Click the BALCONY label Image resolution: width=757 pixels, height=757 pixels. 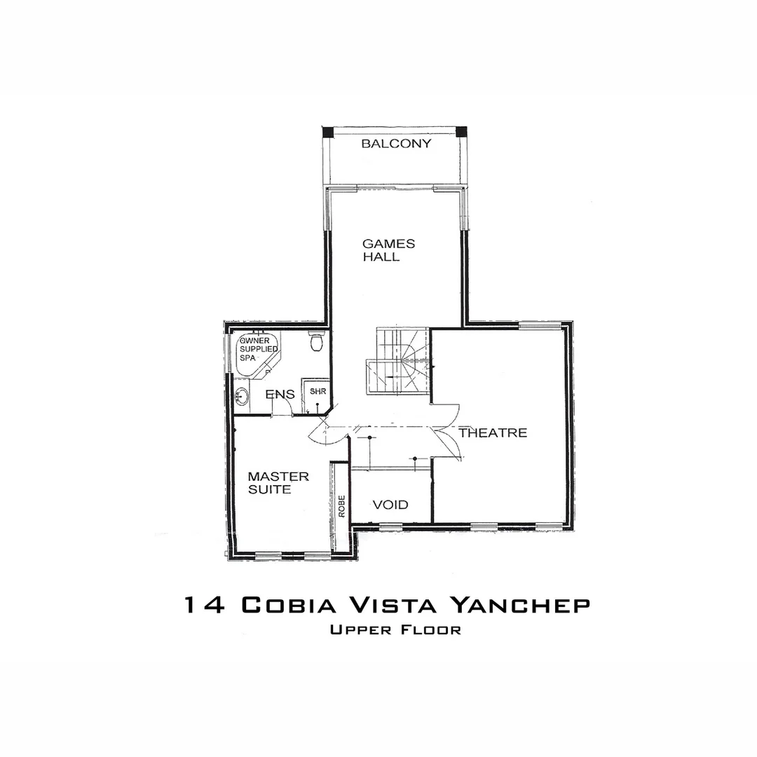tap(396, 144)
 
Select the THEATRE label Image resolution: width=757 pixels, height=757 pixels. tap(493, 433)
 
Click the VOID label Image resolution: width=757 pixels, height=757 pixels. tap(390, 505)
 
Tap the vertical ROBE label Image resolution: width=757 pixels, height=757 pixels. tap(341, 506)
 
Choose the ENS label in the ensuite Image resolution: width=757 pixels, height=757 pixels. tap(280, 395)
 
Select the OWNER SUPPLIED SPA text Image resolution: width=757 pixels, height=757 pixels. tap(258, 348)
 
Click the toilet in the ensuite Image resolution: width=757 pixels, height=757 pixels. tap(316, 342)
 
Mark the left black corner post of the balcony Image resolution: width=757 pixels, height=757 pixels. tap(327, 132)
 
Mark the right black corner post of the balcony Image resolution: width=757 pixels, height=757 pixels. tap(461, 132)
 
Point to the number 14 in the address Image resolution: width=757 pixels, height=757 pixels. tap(204, 605)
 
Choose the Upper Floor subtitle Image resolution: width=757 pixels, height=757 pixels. tap(395, 629)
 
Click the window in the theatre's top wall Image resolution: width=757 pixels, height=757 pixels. tap(540, 325)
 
